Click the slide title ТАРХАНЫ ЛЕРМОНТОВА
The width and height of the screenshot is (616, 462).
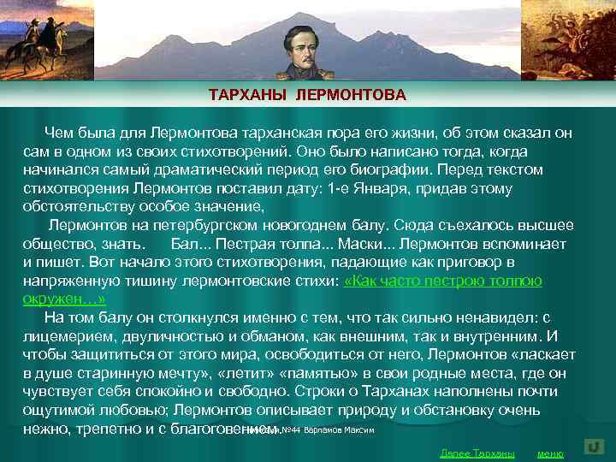coord(307,94)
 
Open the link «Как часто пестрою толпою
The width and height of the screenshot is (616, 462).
coord(442,281)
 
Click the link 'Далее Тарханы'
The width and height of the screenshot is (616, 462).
coord(477,453)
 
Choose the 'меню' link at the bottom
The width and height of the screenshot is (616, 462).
coord(549,453)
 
